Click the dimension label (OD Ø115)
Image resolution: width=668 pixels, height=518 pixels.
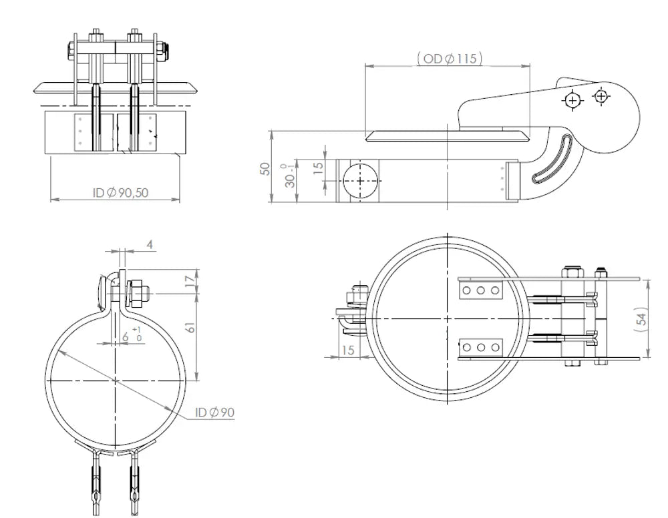click(450, 58)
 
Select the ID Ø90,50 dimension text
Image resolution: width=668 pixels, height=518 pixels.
click(120, 193)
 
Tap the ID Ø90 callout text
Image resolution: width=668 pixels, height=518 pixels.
click(214, 412)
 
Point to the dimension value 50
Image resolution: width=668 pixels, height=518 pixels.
click(265, 169)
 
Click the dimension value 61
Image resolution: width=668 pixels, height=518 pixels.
click(190, 326)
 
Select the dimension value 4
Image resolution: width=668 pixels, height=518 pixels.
click(150, 244)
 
